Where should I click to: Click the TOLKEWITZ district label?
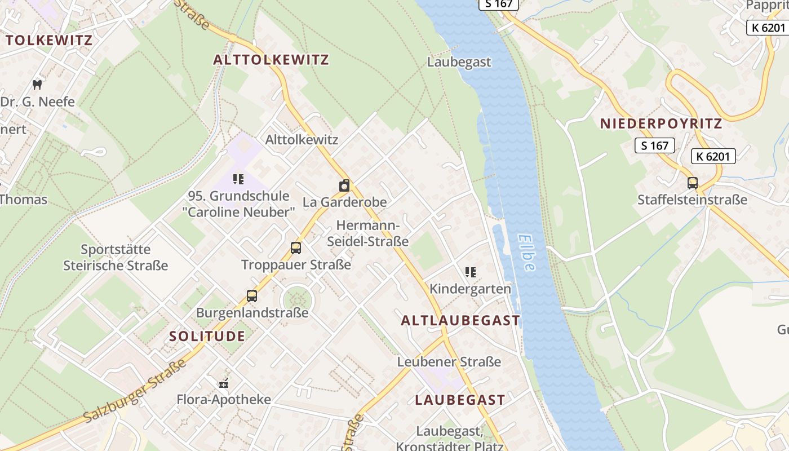(x=48, y=41)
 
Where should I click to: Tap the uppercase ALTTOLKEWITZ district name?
(x=271, y=60)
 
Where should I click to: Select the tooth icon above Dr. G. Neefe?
(x=37, y=85)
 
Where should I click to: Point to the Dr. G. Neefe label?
(x=37, y=102)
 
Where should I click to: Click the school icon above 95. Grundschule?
(x=238, y=179)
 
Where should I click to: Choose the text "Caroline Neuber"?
(x=238, y=213)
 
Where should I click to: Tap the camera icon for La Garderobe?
(x=344, y=185)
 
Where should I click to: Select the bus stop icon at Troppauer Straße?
(x=296, y=247)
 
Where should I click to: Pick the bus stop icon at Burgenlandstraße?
(x=252, y=295)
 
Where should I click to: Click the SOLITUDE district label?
(x=207, y=337)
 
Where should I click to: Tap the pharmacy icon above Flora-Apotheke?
(x=224, y=383)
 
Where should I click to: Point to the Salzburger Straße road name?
(x=135, y=391)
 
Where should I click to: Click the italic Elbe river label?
(x=526, y=253)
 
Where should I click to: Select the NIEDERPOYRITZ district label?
(x=661, y=124)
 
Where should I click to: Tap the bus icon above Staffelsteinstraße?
(x=692, y=183)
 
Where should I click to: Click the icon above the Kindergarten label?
(x=471, y=273)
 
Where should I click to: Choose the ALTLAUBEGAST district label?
(x=460, y=321)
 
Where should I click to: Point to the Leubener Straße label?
(x=449, y=362)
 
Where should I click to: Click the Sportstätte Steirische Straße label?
(x=116, y=257)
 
